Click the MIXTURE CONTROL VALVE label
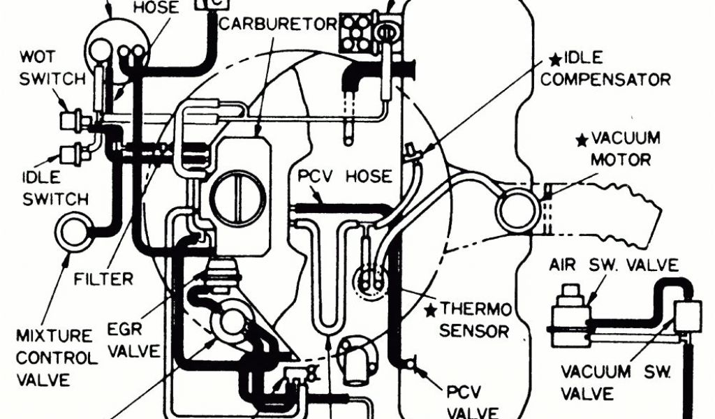56,358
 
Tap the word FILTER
103,279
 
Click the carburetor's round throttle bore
239,193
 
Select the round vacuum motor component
517,208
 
